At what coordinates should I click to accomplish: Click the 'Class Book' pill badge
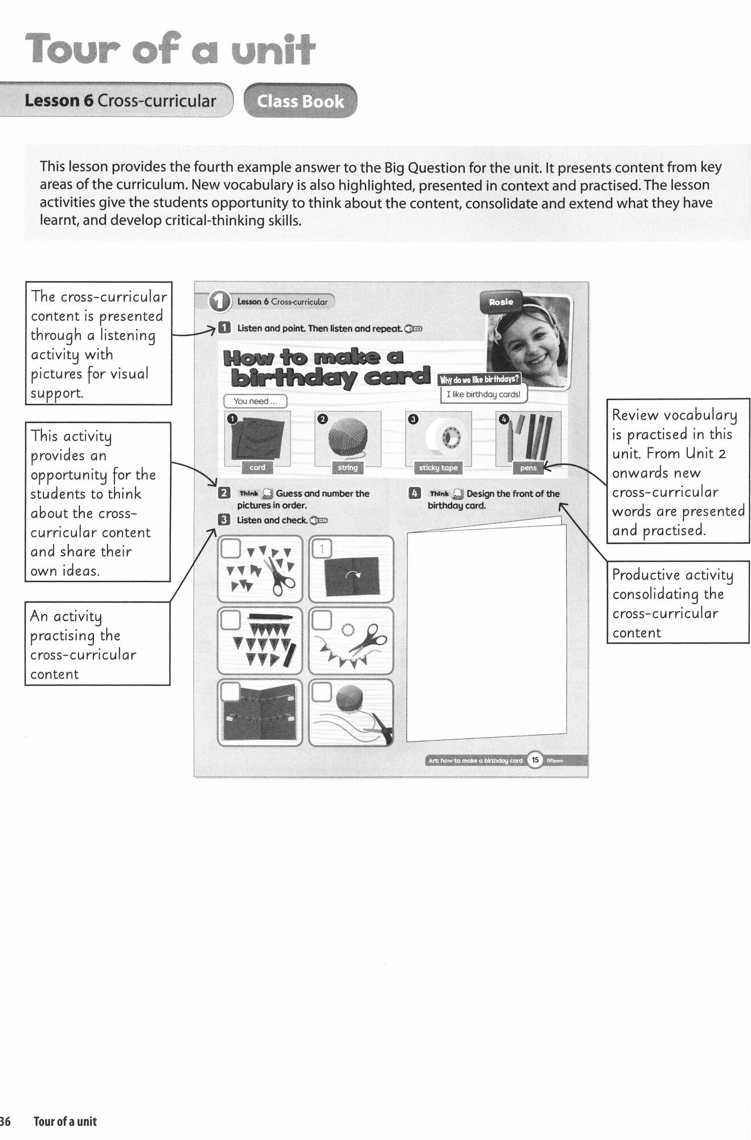click(x=300, y=101)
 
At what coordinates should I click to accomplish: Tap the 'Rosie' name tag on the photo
click(x=501, y=302)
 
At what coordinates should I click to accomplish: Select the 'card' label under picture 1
click(x=258, y=467)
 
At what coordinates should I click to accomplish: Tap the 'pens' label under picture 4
click(x=528, y=468)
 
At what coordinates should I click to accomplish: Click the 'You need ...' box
click(x=255, y=401)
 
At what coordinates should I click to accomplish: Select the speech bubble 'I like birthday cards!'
click(x=483, y=394)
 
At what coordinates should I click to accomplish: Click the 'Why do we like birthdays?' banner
click(x=479, y=380)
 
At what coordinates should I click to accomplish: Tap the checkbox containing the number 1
click(x=322, y=549)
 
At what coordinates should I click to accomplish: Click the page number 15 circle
click(x=535, y=760)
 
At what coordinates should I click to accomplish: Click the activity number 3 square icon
click(x=224, y=519)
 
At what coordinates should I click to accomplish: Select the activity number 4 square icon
click(x=415, y=494)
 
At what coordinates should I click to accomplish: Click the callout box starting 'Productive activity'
click(x=677, y=604)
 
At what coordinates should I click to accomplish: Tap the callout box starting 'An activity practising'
click(x=97, y=645)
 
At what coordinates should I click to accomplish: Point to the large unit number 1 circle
click(x=219, y=302)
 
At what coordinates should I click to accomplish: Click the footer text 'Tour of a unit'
click(x=65, y=1122)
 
